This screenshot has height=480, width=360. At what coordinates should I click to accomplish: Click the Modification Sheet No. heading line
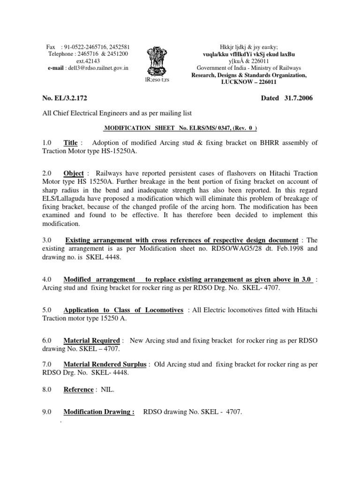(180, 127)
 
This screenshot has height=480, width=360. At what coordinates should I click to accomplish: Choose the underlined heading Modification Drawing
(99, 412)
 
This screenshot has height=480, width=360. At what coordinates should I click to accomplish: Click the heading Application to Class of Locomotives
(123, 310)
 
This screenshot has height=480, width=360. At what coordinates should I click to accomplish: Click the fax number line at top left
(88, 47)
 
